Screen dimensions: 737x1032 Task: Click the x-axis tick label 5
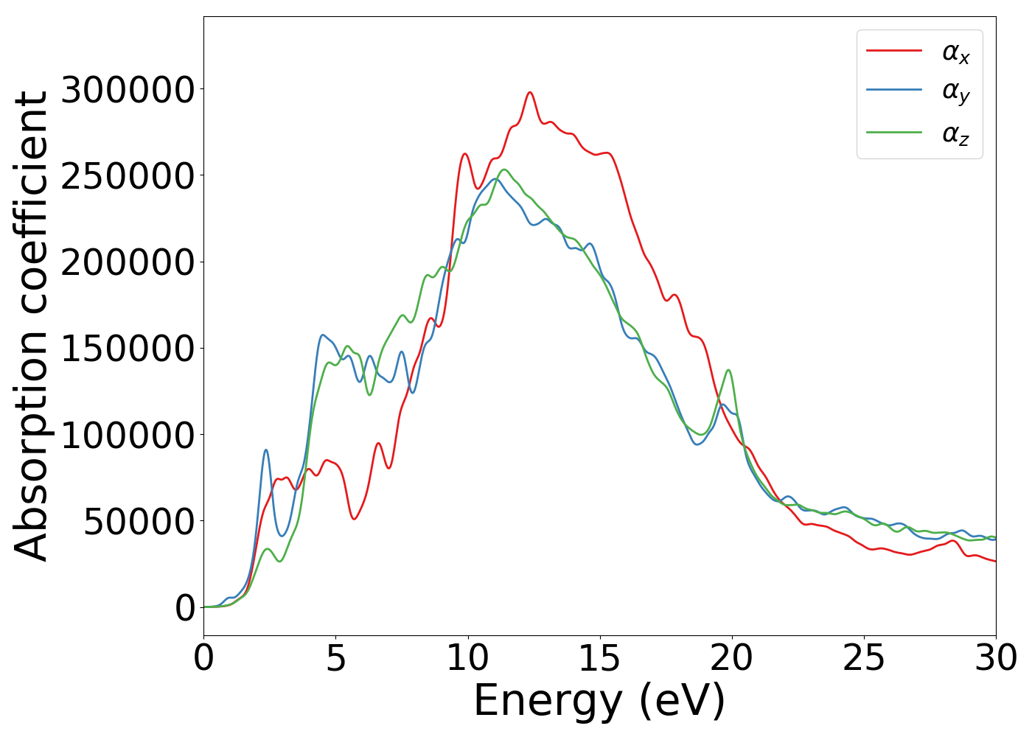(336, 658)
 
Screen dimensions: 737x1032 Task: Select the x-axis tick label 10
(468, 658)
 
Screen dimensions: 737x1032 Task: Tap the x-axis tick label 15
(600, 658)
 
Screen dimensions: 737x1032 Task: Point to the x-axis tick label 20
(732, 658)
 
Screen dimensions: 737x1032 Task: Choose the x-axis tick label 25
(864, 658)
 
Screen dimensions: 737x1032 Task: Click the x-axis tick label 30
(995, 658)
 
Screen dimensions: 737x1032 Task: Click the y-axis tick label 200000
(128, 262)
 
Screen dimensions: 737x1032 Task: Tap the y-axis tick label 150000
(128, 349)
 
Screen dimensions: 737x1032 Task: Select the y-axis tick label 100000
(128, 435)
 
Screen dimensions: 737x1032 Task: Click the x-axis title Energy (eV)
(599, 701)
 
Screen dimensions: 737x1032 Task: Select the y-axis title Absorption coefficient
(32, 326)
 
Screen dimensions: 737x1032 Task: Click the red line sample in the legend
(893, 50)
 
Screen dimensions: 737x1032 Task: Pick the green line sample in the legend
(893, 133)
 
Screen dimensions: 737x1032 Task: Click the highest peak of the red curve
(529, 92)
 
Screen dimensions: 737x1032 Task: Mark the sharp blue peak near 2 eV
(265, 450)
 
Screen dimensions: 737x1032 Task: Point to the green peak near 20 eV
(728, 370)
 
